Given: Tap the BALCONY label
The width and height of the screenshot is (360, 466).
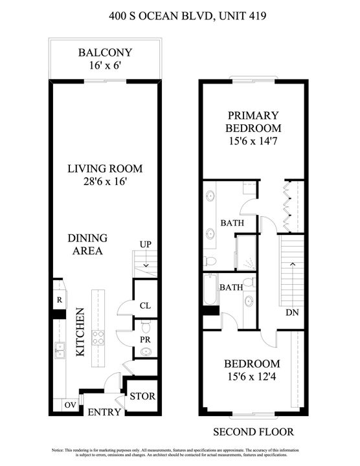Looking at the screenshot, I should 105,52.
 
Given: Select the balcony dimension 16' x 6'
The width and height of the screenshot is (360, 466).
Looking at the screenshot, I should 105,65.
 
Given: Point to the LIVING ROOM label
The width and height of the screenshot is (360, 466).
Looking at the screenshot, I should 105,169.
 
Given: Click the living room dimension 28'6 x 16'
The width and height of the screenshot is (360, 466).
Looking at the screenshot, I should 105,182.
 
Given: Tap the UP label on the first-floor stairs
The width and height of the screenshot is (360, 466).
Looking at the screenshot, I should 146,244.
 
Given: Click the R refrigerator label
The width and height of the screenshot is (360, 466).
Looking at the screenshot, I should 59,300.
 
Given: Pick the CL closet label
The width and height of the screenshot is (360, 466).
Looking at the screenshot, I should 145,306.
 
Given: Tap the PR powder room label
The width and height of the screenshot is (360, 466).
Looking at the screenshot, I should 145,338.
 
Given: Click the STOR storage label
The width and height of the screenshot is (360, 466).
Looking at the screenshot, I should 142,397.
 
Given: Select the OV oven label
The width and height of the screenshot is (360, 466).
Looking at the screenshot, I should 69,405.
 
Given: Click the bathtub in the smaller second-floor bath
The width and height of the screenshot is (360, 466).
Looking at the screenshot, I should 209,291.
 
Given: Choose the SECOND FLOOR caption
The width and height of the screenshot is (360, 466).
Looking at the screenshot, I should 253,431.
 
